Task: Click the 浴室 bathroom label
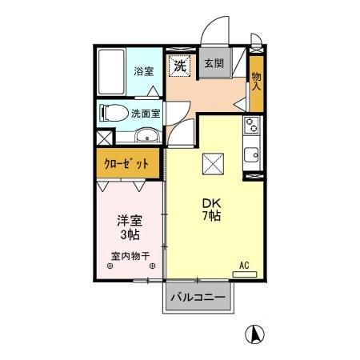pyautogui.click(x=143, y=70)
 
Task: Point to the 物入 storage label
pyautogui.click(x=256, y=78)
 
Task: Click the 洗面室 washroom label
pyautogui.click(x=146, y=113)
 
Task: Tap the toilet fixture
pyautogui.click(x=112, y=113)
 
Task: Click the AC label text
pyautogui.click(x=243, y=265)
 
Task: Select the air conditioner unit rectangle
pyautogui.click(x=245, y=274)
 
